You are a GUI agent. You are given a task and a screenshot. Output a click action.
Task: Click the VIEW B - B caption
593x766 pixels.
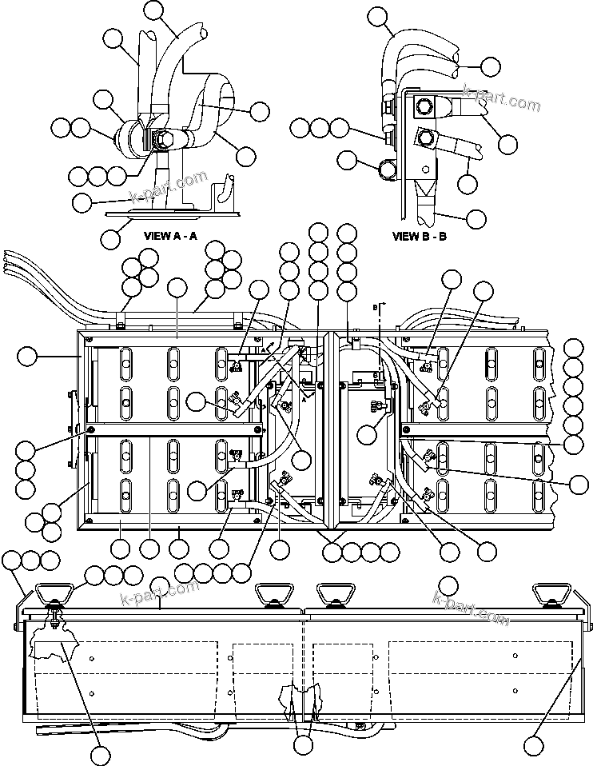pyautogui.click(x=420, y=236)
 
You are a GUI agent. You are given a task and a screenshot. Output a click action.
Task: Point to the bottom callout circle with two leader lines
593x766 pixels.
pyautogui.click(x=303, y=745)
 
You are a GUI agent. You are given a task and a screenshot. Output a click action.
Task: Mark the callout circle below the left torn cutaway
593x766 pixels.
pyautogui.click(x=100, y=755)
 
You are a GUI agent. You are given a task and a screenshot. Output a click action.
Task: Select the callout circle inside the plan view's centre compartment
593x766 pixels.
pyautogui.click(x=367, y=435)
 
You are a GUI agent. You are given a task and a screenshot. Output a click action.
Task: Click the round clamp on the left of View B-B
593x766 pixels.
pyautogui.click(x=388, y=170)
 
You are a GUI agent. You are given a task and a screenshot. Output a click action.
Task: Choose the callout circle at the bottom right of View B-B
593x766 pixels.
pyautogui.click(x=476, y=217)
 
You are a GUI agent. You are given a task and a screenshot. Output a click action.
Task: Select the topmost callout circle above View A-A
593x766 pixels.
pyautogui.click(x=157, y=11)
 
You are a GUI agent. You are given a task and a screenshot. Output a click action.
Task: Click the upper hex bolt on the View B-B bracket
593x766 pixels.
pyautogui.click(x=424, y=105)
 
